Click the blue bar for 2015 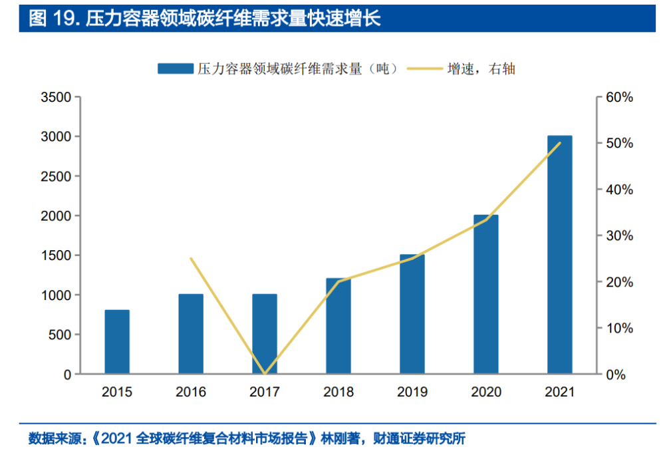pos(117,342)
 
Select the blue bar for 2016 pos(191,334)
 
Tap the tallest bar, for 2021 pos(559,255)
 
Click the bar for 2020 pos(485,295)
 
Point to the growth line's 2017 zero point pos(265,374)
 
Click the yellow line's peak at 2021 pos(560,143)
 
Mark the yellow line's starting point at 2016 pos(191,259)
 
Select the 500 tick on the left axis pos(61,335)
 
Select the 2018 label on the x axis pos(338,392)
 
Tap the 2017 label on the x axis pos(265,392)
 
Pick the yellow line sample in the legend pos(424,68)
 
